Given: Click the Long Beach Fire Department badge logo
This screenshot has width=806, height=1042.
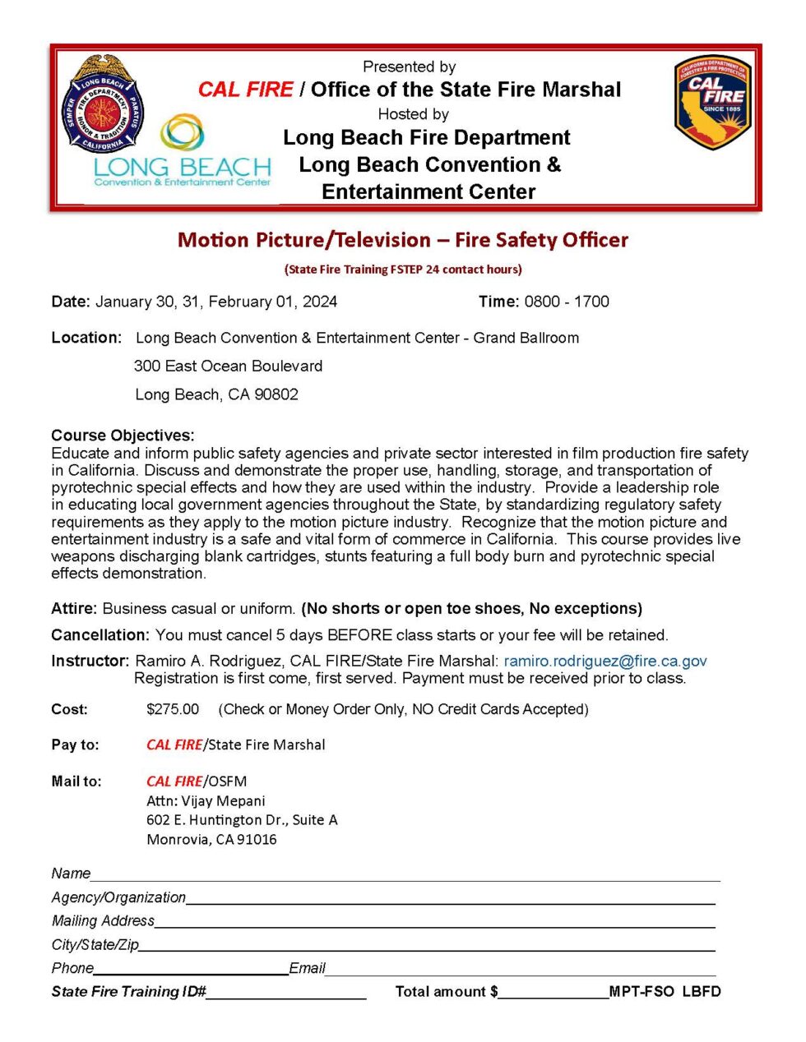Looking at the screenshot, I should point(102,104).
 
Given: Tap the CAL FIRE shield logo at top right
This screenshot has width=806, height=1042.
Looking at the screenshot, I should point(712,102).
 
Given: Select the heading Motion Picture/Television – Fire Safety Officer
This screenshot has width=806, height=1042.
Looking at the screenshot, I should point(403,240).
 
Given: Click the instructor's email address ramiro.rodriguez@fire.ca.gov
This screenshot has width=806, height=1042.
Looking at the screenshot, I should point(605,661).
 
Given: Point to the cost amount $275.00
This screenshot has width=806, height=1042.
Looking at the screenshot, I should point(173,709).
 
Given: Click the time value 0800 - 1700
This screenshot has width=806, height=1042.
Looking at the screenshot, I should point(567,302).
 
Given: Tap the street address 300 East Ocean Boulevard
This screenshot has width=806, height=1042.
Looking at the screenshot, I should point(228,366).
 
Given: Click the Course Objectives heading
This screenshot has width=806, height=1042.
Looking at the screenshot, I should point(123,435).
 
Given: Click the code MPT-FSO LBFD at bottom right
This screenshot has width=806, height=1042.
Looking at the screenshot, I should point(665,991).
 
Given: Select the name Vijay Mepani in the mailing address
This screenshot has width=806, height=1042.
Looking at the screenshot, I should point(223,800).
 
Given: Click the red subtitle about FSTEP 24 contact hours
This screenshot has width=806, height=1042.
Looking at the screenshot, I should point(403,270).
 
